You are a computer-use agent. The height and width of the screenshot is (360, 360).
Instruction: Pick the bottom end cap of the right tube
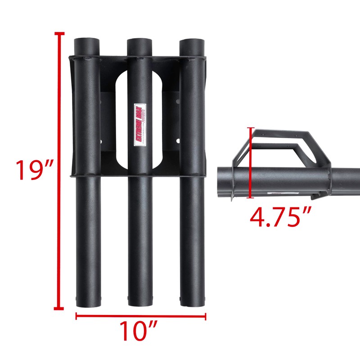193,302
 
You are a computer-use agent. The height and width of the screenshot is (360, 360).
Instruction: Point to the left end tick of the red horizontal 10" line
76,316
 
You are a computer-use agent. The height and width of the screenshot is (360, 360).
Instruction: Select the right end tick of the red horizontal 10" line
205,316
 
